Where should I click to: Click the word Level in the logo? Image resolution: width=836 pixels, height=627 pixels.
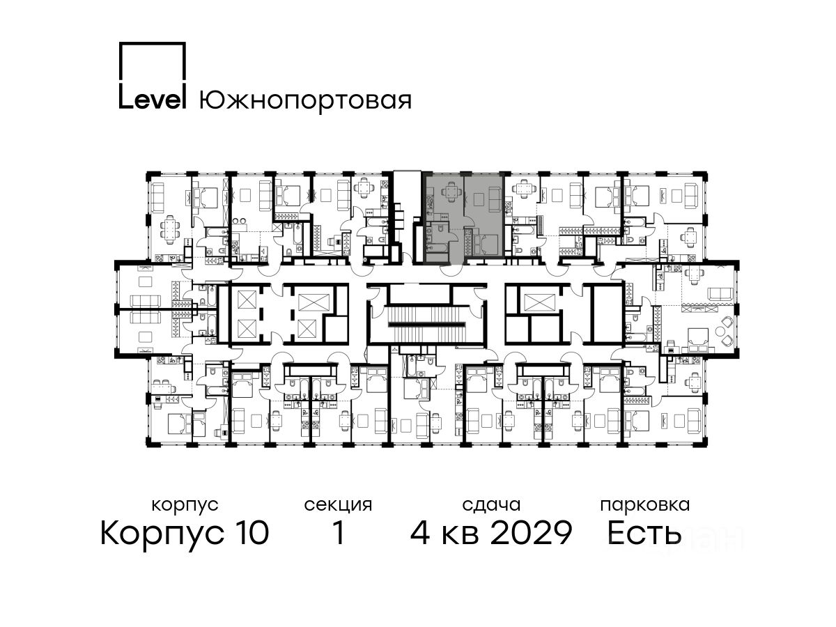click(153, 100)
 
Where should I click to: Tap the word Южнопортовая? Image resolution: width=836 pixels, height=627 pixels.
click(305, 101)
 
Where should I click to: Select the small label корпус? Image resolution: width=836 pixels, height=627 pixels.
click(185, 506)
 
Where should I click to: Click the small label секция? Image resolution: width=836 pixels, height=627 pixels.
click(338, 506)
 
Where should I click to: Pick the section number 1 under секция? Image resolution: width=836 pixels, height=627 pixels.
click(338, 532)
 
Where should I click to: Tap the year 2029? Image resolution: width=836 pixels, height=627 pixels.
click(531, 532)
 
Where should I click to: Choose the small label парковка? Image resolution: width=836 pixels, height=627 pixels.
click(645, 505)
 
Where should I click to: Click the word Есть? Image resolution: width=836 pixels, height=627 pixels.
click(644, 532)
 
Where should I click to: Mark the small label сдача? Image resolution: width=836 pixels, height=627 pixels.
click(491, 506)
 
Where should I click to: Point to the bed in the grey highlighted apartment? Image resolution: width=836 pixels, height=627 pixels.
click(486, 244)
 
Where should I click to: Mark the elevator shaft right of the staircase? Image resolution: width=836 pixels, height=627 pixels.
click(541, 302)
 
